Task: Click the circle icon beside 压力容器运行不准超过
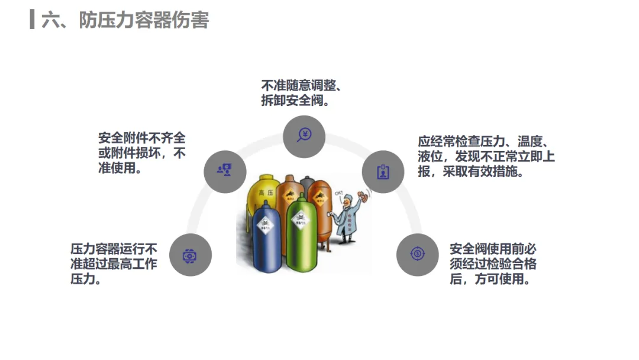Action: click(190, 255)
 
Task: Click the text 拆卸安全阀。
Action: click(295, 101)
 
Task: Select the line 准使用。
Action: click(122, 168)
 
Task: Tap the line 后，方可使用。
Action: click(489, 278)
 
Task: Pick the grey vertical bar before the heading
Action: click(32, 19)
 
